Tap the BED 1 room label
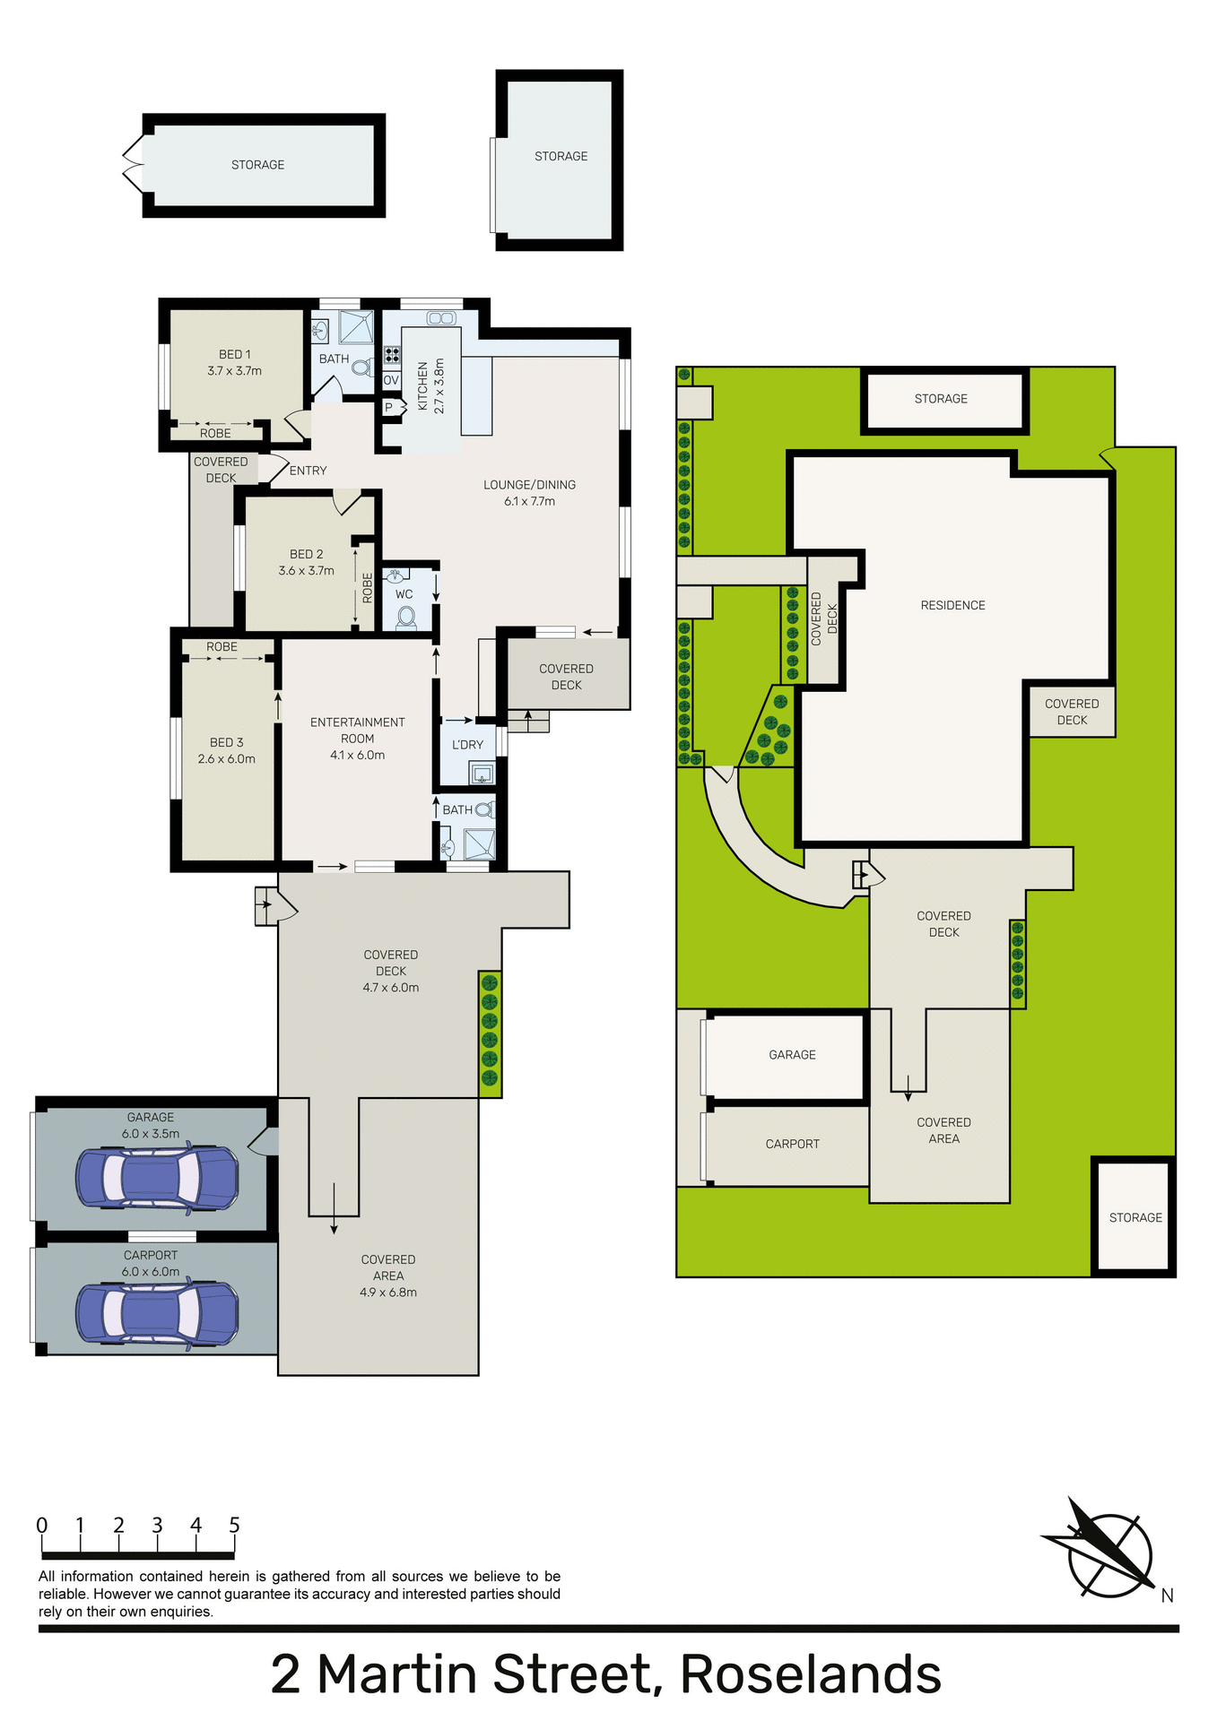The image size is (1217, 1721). tap(235, 354)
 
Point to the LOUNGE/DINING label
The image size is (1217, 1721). tap(529, 485)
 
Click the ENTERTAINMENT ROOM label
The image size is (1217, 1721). tap(357, 730)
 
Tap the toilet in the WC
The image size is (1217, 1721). tap(405, 617)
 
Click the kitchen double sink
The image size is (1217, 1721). tap(440, 318)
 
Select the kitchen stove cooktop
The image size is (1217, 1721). tap(392, 354)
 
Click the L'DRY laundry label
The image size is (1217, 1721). tap(467, 745)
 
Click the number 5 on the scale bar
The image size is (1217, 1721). tap(234, 1526)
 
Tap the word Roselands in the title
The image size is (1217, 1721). tap(811, 1674)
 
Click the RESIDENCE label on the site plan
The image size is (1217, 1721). tap(952, 605)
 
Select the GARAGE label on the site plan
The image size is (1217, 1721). tap(792, 1055)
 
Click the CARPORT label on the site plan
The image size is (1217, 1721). tap(792, 1144)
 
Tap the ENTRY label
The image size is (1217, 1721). tap(308, 471)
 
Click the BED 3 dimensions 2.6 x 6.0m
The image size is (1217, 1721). tap(226, 759)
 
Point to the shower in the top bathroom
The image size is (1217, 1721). tap(356, 328)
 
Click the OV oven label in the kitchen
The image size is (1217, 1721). tap(391, 380)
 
